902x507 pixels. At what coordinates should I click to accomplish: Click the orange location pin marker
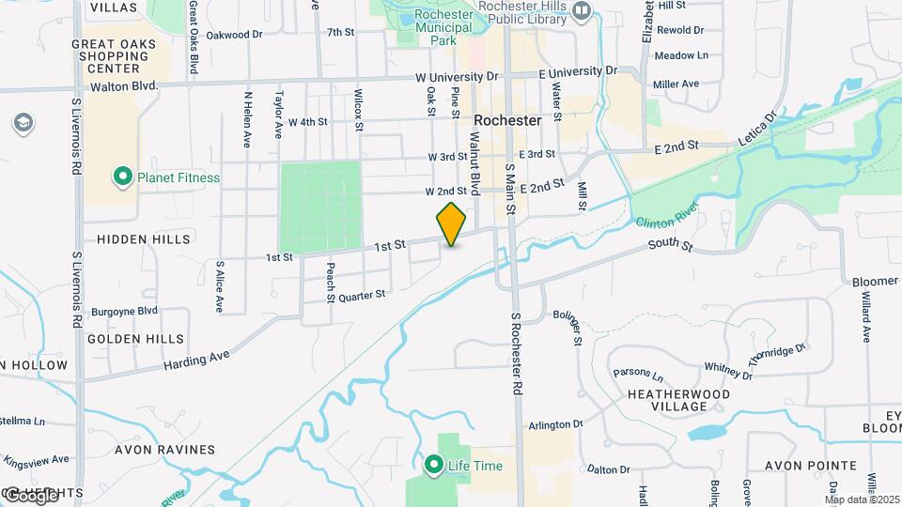(x=451, y=223)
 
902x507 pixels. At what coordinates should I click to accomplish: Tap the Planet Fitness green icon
(x=122, y=177)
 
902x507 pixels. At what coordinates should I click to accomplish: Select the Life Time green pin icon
(x=434, y=465)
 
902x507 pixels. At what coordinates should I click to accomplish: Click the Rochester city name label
(x=507, y=121)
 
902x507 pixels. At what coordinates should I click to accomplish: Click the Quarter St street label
(x=362, y=295)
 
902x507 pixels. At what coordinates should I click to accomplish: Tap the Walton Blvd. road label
(x=122, y=86)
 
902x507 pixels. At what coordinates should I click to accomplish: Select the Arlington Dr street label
(x=544, y=424)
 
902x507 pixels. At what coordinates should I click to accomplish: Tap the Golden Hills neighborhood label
(x=135, y=339)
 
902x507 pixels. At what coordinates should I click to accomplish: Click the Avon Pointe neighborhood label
(x=810, y=466)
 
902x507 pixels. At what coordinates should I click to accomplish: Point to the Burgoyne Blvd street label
(x=124, y=311)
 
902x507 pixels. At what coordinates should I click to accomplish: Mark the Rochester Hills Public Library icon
(x=582, y=10)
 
